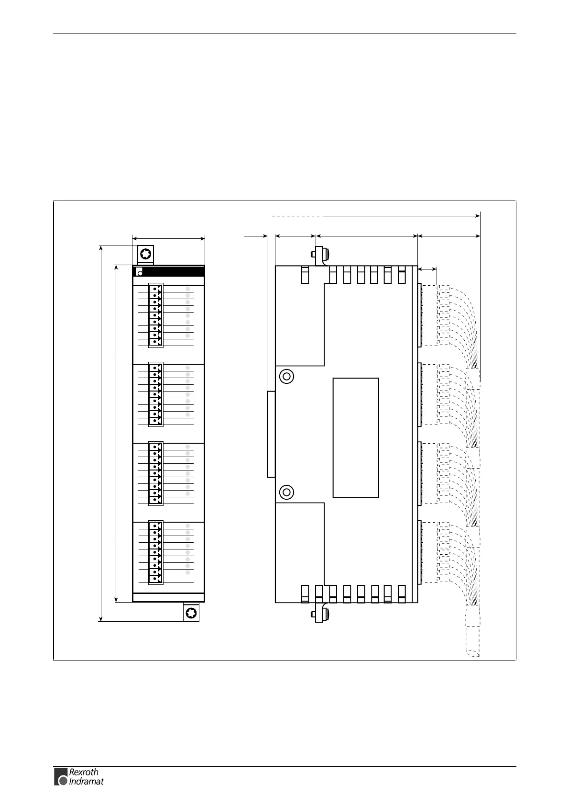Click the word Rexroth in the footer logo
click(84, 772)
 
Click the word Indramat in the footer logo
click(86, 781)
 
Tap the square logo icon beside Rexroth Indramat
click(61, 776)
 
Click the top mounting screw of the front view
click(145, 253)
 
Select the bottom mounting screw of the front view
click(191, 613)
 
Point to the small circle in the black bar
click(140, 273)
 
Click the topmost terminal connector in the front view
click(155, 314)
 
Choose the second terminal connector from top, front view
click(155, 394)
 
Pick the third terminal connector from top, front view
click(155, 473)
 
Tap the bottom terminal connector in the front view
click(155, 552)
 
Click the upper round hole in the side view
click(286, 376)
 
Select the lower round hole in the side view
click(286, 492)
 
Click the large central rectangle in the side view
click(356, 437)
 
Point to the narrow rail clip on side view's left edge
click(271, 434)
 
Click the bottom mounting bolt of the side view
click(319, 614)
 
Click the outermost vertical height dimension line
click(101, 433)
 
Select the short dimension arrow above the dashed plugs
click(427, 269)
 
